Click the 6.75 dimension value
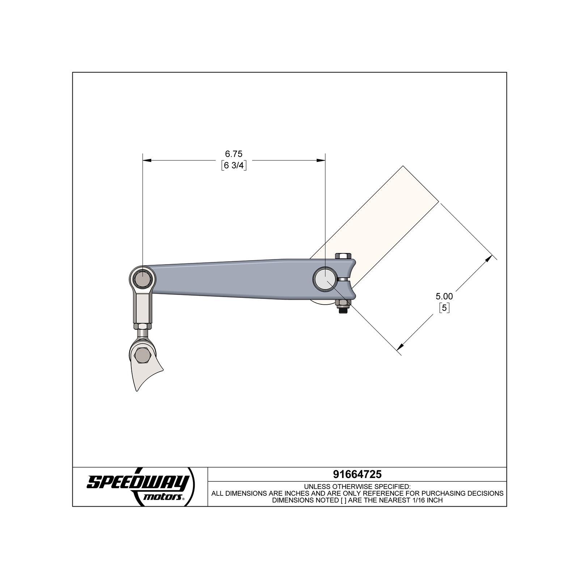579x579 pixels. click(233, 154)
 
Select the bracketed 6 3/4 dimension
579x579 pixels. click(234, 166)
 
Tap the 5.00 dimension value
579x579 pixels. click(444, 296)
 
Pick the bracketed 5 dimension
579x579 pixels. click(444, 308)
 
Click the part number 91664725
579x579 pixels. click(357, 474)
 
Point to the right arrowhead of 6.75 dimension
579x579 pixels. click(322, 160)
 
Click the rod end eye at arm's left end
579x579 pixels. click(143, 278)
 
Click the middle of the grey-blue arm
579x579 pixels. click(232, 279)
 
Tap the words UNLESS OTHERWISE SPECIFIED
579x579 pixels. click(357, 486)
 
